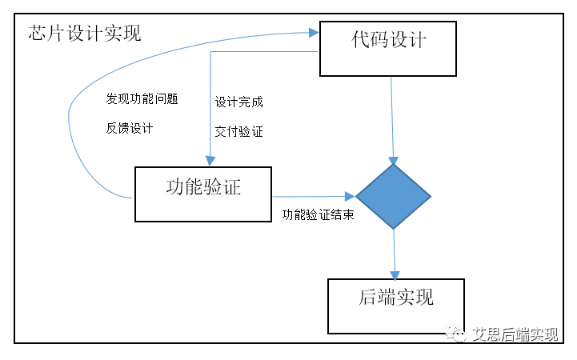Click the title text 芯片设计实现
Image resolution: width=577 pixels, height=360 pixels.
click(x=84, y=34)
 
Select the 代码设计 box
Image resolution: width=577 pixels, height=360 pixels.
click(x=387, y=49)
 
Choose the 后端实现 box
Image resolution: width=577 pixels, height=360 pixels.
click(x=395, y=306)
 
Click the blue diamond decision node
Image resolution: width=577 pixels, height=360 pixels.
click(x=393, y=196)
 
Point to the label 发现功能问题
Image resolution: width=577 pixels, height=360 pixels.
click(x=142, y=99)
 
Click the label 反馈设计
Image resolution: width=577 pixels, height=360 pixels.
click(x=130, y=128)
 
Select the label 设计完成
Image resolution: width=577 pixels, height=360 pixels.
click(x=238, y=102)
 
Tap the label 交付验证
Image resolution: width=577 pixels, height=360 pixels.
click(x=238, y=131)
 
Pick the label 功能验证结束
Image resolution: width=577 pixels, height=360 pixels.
click(x=318, y=216)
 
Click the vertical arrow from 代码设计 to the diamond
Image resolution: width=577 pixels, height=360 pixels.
click(x=391, y=120)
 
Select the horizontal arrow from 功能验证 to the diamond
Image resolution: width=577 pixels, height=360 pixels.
click(x=312, y=196)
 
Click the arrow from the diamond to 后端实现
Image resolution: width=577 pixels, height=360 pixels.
click(x=394, y=252)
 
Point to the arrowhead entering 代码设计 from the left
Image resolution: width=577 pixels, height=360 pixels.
click(x=314, y=33)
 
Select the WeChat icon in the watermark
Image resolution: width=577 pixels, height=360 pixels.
click(x=458, y=334)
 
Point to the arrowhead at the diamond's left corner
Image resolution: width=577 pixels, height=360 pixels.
click(x=350, y=196)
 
